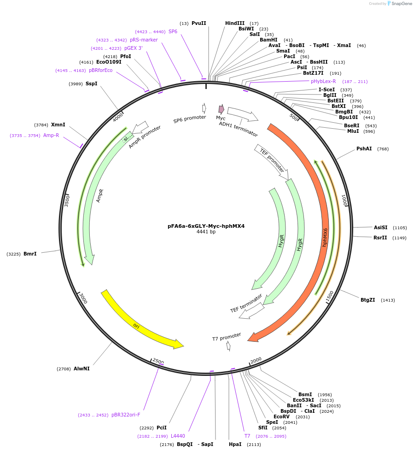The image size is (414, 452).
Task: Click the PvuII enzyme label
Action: point(199,23)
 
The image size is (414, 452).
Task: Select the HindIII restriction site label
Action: point(235,23)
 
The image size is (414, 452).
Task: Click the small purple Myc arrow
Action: point(222,109)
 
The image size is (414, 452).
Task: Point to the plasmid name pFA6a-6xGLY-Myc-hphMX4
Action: point(206,226)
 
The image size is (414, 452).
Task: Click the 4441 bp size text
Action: point(206,232)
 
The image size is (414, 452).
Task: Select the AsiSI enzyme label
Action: point(380,227)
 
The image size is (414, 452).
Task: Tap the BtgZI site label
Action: point(367,300)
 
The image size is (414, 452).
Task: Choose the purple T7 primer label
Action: point(247,436)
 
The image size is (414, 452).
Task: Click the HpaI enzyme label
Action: point(235,444)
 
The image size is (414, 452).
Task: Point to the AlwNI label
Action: point(82,369)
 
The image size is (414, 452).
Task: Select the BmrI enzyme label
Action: point(30,254)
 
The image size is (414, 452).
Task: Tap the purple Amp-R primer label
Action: point(51,135)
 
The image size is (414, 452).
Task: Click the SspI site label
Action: point(92,83)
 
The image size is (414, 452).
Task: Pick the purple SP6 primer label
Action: point(173,31)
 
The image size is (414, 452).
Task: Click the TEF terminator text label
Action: point(246,303)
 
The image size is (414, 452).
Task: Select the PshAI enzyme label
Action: point(364,149)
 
